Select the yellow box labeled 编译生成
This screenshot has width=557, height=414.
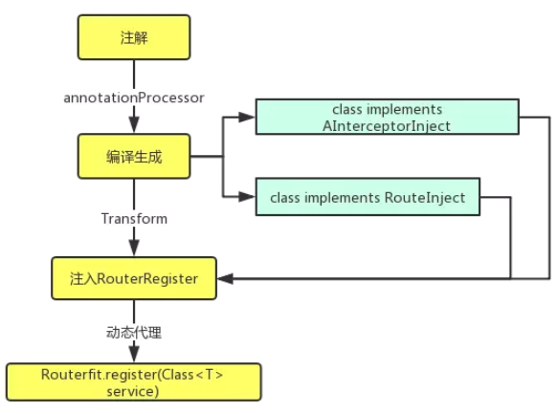point(134,157)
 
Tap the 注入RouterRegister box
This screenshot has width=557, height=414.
point(134,278)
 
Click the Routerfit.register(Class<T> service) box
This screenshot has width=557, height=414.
point(133,381)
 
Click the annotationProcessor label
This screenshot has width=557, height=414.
point(135,98)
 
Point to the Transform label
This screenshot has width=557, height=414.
point(134,219)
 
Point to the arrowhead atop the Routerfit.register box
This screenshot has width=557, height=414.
point(134,355)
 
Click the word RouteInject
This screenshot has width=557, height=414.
point(424,198)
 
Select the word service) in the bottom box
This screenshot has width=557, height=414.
point(133,390)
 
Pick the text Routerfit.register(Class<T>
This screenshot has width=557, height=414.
point(133,374)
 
